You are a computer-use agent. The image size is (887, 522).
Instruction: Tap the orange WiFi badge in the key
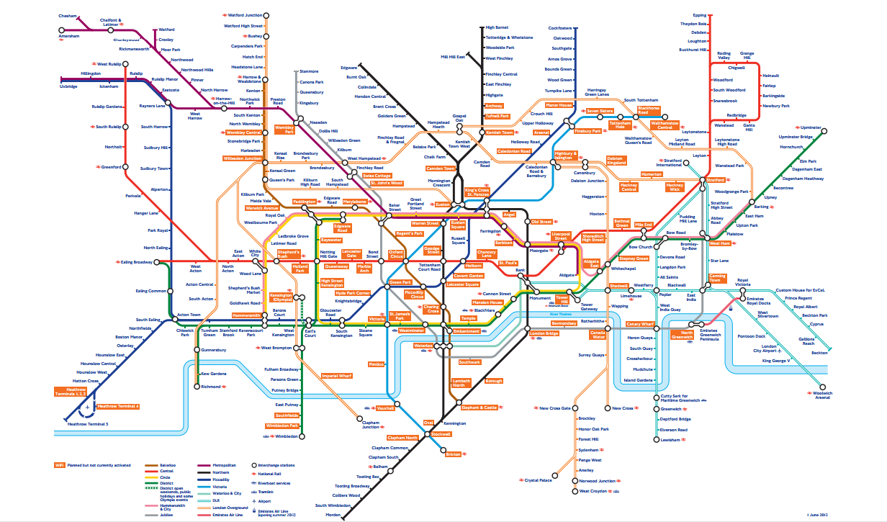pos(60,467)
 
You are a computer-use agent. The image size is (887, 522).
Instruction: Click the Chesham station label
pos(70,15)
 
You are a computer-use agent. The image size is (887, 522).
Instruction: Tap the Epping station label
pos(699,15)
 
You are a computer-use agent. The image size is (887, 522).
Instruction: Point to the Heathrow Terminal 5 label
pos(87,424)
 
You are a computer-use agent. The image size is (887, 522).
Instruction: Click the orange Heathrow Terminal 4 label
pos(117,407)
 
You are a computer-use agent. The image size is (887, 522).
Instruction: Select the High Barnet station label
pos(497,28)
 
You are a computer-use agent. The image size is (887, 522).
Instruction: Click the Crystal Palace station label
pos(538,480)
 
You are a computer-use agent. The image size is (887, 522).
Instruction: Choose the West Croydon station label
pos(594,492)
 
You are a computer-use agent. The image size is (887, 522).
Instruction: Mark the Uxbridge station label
pos(68,86)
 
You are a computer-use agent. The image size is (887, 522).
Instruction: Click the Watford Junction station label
pos(245,15)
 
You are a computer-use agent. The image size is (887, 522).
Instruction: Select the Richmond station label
pos(211,387)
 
